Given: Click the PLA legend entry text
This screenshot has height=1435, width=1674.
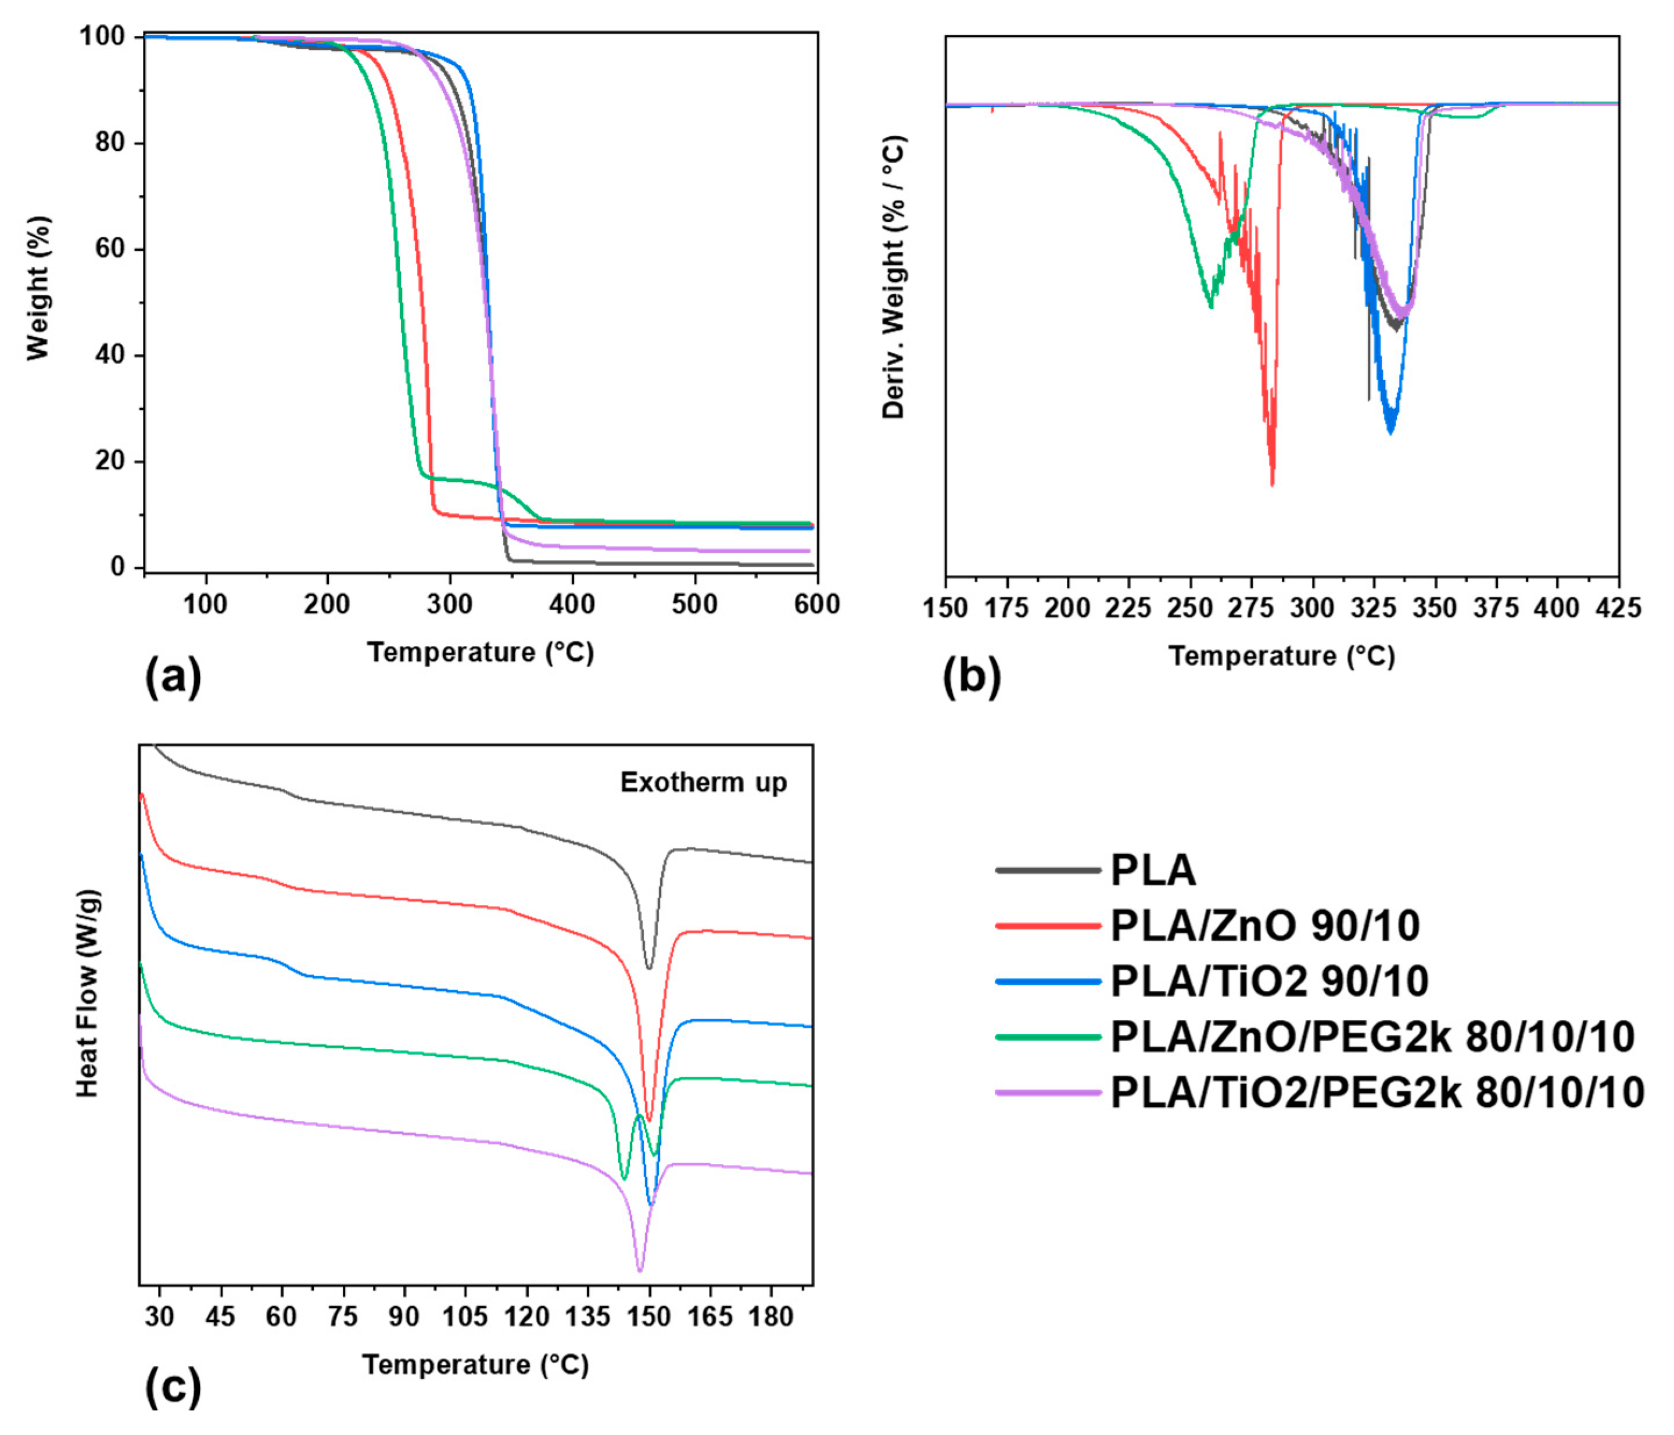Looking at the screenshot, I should (1153, 871).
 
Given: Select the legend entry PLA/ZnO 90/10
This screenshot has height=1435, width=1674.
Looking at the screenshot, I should (1264, 926).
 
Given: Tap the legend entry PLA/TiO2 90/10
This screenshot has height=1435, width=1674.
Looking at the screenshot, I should (1269, 981).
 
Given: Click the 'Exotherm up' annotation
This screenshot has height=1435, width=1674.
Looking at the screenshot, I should (703, 782).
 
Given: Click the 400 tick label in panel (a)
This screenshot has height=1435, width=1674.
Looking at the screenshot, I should (572, 604).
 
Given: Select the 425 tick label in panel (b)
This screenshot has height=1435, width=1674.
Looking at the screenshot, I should (1618, 607).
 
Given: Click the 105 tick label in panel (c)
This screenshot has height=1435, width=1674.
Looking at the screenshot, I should (465, 1317).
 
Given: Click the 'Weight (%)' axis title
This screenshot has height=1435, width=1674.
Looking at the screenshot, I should (38, 288).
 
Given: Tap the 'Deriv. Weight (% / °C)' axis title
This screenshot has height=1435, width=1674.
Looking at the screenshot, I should (894, 277).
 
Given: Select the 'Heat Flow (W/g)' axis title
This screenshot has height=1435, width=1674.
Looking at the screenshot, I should (87, 993).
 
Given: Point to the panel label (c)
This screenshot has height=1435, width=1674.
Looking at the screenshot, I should (172, 1387).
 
